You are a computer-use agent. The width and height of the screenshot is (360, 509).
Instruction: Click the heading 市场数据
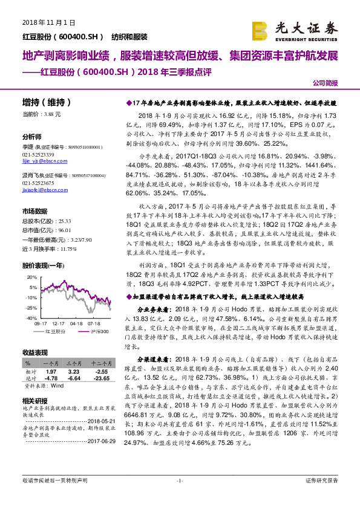coord(34,211)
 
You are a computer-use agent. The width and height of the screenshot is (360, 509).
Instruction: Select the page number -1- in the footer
coord(180,497)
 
